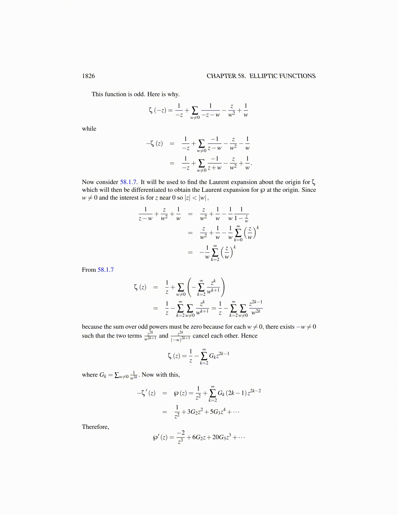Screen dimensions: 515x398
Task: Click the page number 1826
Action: point(88,76)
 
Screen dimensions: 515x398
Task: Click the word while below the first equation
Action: point(89,129)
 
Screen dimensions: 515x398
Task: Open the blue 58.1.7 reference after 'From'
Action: point(106,270)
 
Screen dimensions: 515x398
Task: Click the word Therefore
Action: point(95,427)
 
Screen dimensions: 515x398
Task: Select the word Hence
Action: point(249,336)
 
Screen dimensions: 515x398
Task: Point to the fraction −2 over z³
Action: point(181,437)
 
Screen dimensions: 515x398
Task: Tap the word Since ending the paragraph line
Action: point(309,190)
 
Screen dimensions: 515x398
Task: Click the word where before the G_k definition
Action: point(90,375)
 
